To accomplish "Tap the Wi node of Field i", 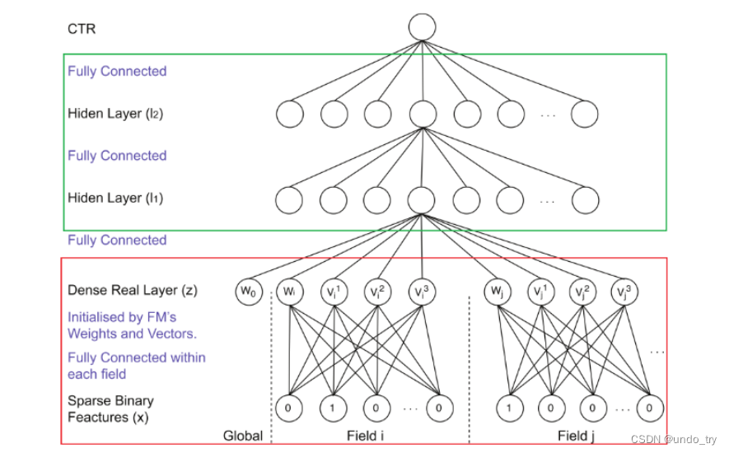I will click(x=287, y=291).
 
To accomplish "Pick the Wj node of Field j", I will click(x=497, y=291).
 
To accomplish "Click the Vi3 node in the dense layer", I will click(x=422, y=291).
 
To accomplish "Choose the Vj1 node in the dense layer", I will click(x=540, y=291).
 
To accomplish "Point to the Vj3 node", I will click(x=626, y=291).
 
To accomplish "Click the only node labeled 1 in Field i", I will click(x=332, y=406).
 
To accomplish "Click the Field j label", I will click(x=576, y=436).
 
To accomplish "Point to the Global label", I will click(x=243, y=436).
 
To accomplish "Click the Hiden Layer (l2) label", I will click(x=115, y=114).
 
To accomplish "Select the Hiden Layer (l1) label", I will click(x=115, y=198).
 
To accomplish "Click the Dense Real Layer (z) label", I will click(x=133, y=290).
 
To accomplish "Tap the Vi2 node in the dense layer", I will click(x=377, y=291).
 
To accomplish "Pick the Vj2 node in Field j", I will click(x=583, y=291).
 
